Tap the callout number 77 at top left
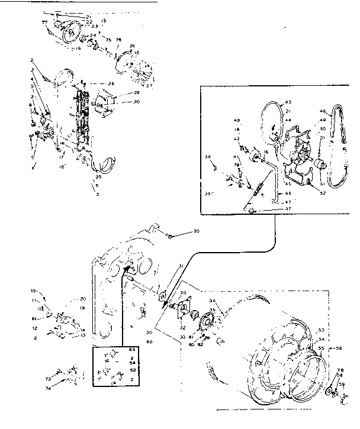44,22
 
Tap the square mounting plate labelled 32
184,309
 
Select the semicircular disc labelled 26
125,60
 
